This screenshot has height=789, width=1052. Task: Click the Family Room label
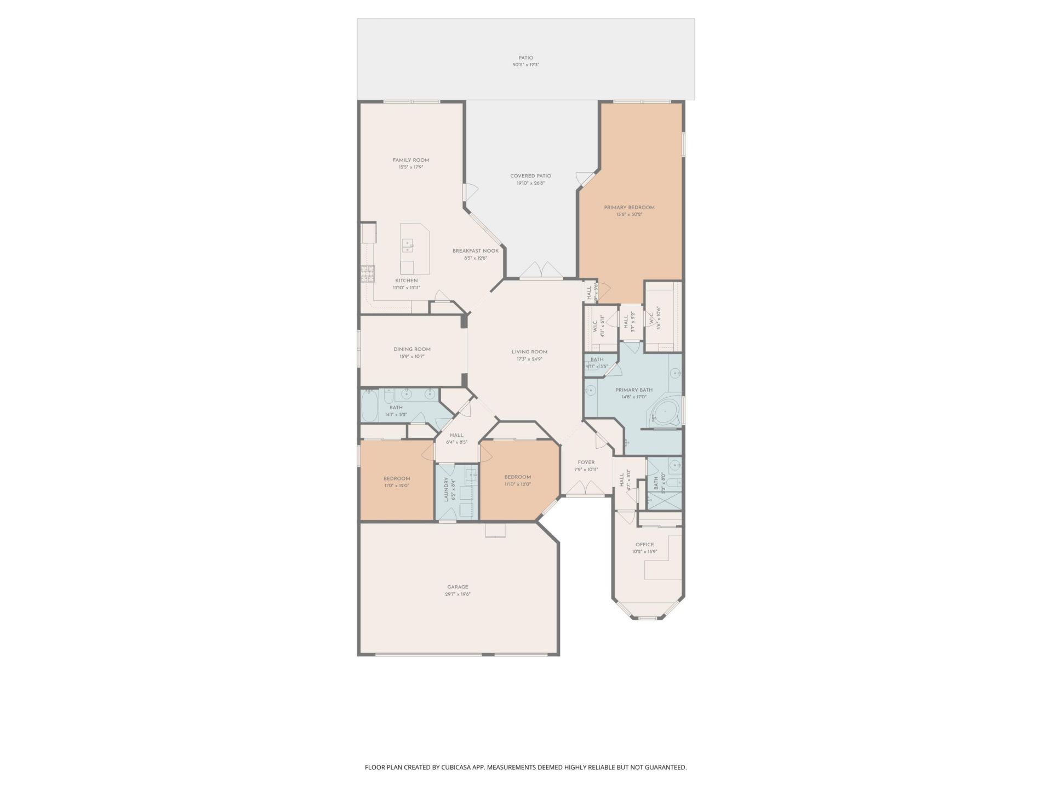pos(410,160)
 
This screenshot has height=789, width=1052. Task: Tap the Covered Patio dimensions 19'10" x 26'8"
pos(530,184)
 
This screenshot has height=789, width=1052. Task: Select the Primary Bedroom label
pos(629,208)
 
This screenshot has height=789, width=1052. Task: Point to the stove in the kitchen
pos(367,273)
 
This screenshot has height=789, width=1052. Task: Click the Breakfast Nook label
pos(475,251)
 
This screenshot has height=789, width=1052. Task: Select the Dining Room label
pos(411,349)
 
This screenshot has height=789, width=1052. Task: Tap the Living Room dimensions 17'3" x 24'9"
pos(529,359)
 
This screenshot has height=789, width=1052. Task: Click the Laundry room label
pos(447,489)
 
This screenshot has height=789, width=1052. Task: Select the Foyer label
pos(586,462)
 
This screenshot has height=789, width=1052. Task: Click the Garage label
pos(458,587)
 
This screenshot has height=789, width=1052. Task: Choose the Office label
pos(644,545)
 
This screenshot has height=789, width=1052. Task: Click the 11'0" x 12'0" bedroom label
pos(396,478)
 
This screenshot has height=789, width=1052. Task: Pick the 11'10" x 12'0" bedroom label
pos(517,477)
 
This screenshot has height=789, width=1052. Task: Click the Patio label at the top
pos(525,58)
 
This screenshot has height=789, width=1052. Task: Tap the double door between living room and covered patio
pos(540,271)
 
